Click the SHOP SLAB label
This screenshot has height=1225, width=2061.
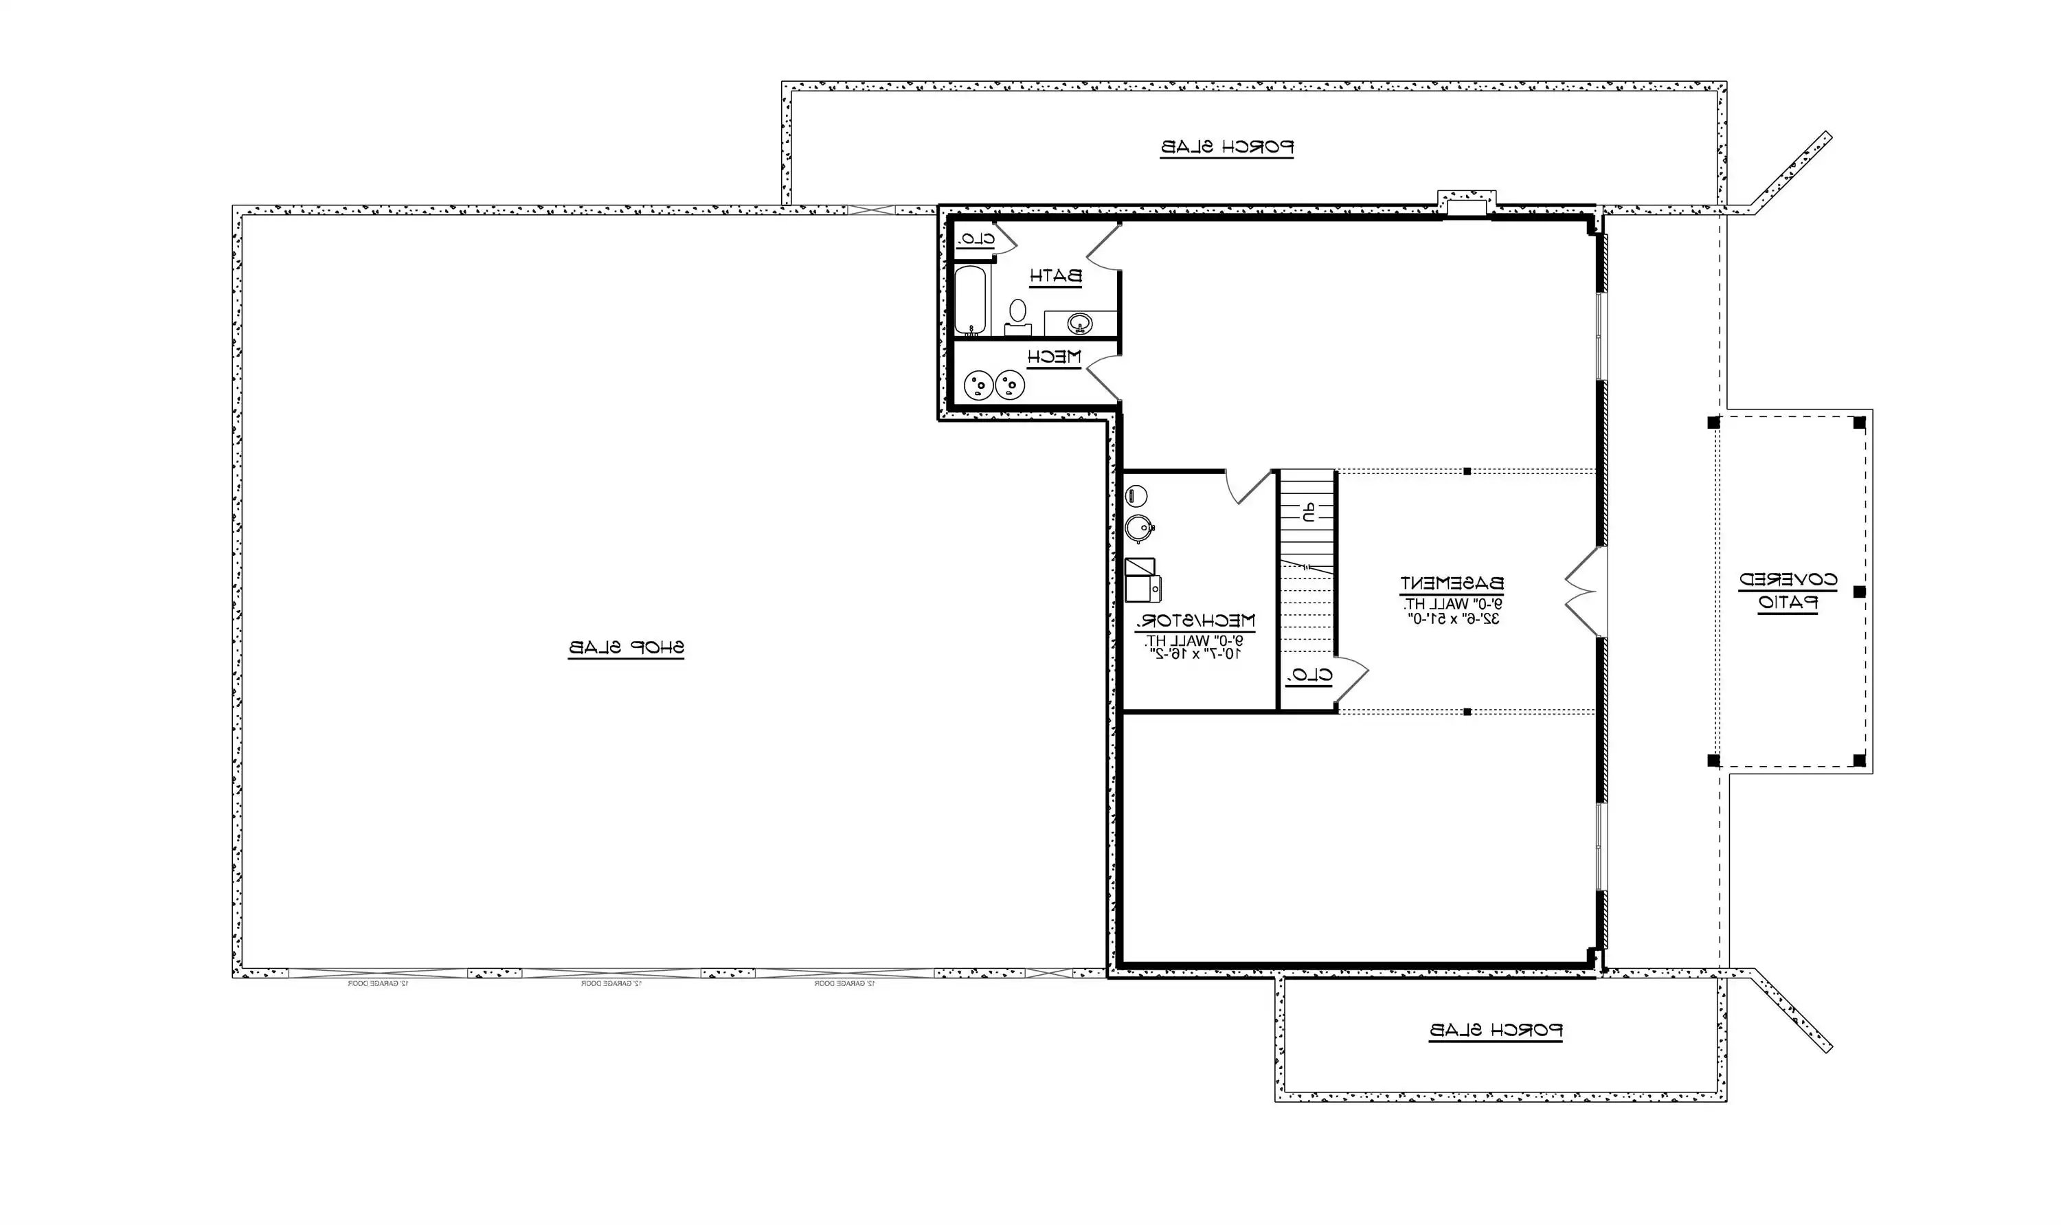(626, 648)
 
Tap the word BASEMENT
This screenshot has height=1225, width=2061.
(1451, 583)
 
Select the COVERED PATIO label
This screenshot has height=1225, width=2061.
(1788, 591)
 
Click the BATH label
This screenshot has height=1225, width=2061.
(1055, 276)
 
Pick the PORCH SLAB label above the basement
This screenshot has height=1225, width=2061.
(1226, 147)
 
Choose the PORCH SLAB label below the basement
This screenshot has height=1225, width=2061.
(1496, 1030)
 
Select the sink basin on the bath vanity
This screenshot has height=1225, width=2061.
(1079, 323)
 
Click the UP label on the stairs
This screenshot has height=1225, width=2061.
(1308, 513)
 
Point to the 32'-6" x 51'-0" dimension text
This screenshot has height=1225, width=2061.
(1452, 619)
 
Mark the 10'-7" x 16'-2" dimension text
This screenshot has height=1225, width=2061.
(1194, 654)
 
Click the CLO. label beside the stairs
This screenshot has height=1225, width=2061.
(1309, 675)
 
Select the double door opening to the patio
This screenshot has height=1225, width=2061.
(1586, 591)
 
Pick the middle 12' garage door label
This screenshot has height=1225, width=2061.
(611, 984)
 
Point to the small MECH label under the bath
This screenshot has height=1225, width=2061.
(1053, 357)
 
